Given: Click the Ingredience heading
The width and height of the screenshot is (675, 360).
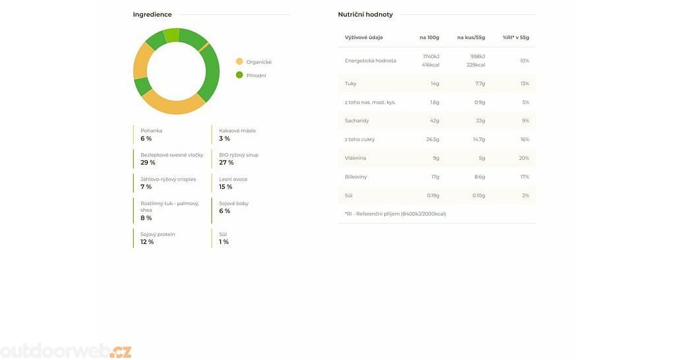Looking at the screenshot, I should (152, 15).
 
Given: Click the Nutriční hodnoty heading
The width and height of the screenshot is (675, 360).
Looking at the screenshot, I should (365, 15).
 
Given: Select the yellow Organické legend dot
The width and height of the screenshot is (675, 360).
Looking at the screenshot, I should (239, 61).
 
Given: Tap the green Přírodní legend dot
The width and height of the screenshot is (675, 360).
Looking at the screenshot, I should (239, 75).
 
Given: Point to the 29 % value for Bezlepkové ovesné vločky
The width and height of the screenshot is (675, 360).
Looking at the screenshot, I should (148, 163).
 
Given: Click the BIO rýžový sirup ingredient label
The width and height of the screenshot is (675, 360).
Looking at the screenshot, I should (239, 155).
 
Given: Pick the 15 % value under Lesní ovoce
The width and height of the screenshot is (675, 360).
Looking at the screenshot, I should (225, 187).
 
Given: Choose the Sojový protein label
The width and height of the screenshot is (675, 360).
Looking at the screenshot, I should (158, 234).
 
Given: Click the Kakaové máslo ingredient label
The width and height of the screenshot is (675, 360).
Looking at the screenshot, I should (237, 131).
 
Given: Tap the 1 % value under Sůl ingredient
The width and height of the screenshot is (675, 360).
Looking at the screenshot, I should (223, 242).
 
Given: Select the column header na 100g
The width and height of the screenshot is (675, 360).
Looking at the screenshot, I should (429, 38).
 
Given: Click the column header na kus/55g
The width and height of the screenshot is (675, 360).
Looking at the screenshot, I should (471, 38).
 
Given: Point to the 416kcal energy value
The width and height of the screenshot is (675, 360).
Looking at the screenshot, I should (430, 65).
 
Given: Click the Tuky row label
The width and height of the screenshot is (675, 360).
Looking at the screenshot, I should (351, 84).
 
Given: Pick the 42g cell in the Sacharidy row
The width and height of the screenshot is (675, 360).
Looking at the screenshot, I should (434, 121).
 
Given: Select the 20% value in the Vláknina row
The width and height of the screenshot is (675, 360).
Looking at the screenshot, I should (524, 158).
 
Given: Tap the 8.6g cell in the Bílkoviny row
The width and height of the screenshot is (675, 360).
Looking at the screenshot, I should (479, 177).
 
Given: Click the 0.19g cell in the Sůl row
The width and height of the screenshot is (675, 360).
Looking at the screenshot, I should (432, 195).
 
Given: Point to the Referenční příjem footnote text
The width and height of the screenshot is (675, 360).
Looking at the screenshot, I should (396, 214).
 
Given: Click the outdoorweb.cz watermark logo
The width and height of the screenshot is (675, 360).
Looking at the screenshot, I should (66, 351).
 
